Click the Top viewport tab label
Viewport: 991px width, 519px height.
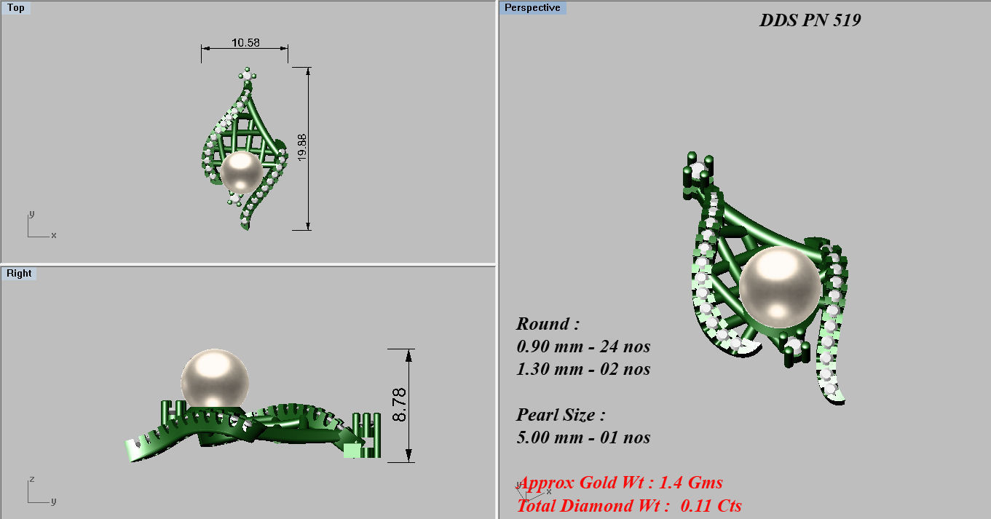tap(15, 8)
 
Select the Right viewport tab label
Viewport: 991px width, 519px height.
tap(19, 274)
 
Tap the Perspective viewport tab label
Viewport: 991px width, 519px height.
tap(532, 8)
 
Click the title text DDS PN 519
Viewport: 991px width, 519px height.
tap(810, 20)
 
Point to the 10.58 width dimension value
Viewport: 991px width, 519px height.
tap(245, 43)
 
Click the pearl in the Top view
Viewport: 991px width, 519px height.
tap(241, 173)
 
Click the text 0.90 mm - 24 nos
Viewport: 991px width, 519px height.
tap(583, 346)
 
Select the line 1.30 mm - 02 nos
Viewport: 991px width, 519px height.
tap(583, 369)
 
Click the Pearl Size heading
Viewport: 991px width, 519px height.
tap(561, 415)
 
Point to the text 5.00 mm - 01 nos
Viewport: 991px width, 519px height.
tap(583, 437)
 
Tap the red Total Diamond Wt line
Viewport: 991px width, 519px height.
tap(629, 505)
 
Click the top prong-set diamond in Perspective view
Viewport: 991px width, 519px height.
tap(700, 171)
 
